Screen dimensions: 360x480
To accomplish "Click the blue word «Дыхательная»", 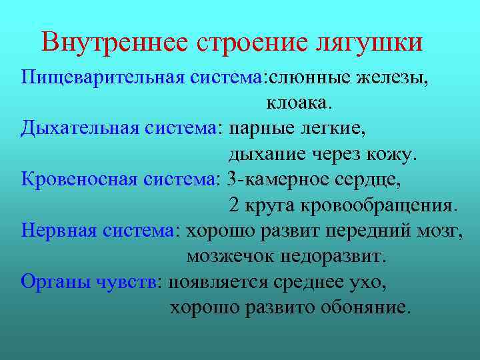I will tap(71, 129).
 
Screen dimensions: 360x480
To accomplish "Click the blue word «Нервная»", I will tap(59, 231).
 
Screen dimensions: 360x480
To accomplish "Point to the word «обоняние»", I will tap(365, 307).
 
